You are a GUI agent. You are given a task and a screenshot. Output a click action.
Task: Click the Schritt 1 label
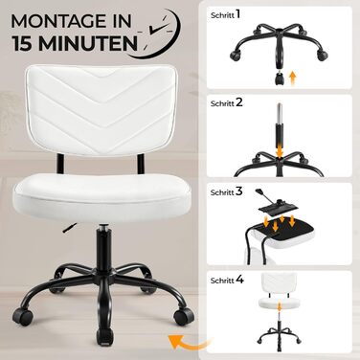click(x=226, y=14)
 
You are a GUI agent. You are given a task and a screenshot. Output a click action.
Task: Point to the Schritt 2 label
click(x=227, y=102)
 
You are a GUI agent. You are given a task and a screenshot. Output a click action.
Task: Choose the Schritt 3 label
click(x=227, y=191)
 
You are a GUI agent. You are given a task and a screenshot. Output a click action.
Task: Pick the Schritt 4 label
click(x=227, y=281)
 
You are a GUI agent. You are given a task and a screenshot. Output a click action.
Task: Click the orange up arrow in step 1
click(x=293, y=79)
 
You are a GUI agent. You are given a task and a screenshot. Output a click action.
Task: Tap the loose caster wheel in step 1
click(x=280, y=78)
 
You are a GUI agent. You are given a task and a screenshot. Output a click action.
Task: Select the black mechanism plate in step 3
click(x=278, y=206)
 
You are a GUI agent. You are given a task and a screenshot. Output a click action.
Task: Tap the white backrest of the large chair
click(x=102, y=109)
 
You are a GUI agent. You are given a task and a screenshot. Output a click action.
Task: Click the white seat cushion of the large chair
click(x=102, y=196)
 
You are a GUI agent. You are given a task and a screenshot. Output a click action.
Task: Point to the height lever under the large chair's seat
click(x=70, y=228)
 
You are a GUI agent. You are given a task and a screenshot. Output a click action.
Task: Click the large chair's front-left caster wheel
click(x=23, y=316)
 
